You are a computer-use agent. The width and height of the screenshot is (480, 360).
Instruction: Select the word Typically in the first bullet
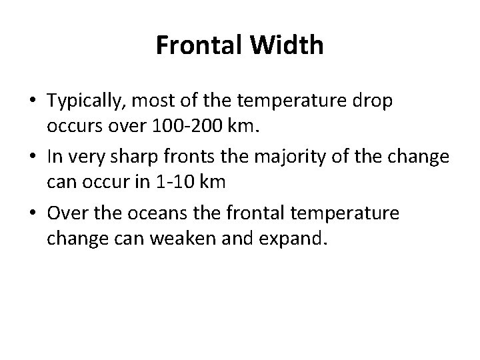point(85,102)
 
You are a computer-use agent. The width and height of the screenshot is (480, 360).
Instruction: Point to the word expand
point(296,238)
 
